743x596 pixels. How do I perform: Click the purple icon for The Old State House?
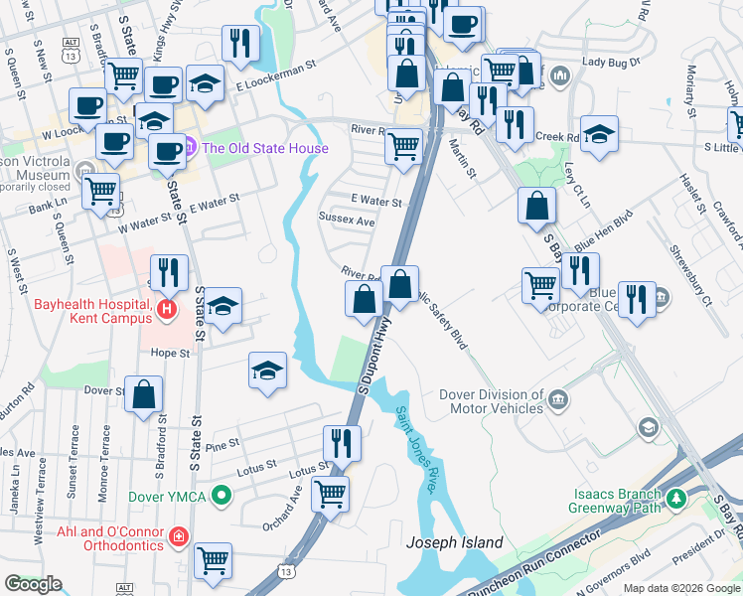coord(190,149)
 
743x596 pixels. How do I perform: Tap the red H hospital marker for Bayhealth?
coord(166,311)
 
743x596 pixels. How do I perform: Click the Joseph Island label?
coord(455,543)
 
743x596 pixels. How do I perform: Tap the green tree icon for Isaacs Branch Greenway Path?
coord(675,498)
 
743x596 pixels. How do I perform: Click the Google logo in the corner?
coord(32,584)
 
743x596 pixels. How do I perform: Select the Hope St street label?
coord(170,352)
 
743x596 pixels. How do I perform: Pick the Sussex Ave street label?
coord(346,220)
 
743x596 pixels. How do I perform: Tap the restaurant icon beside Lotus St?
coord(343,442)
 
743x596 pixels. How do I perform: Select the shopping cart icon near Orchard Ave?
coord(330,492)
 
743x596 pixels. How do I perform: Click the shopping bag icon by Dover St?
coord(144,394)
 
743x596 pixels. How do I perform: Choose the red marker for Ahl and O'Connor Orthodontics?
coord(178,537)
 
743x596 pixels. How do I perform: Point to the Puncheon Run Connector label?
coord(536,564)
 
